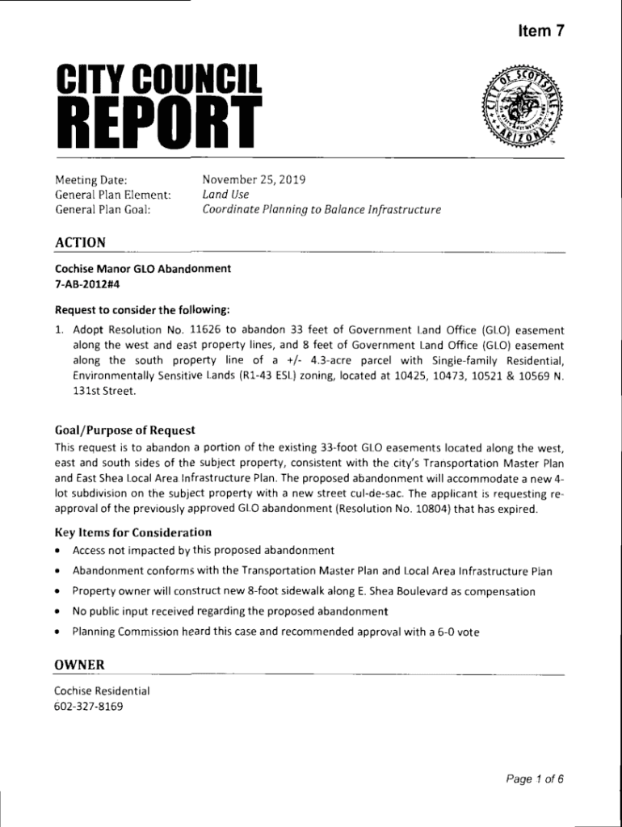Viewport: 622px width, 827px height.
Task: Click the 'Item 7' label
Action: pos(540,31)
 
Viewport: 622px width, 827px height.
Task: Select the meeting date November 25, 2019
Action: pos(254,179)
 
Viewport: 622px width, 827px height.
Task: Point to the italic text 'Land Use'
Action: pos(225,195)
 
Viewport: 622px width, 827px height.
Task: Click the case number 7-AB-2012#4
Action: pos(87,283)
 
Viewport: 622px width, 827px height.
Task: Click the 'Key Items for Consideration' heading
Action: pos(132,532)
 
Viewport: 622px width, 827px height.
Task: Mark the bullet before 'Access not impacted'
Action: pos(59,551)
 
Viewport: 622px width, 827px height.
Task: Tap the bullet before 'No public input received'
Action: pos(59,611)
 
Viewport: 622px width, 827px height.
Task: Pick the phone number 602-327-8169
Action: pos(89,707)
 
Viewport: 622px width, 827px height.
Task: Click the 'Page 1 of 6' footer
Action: pos(534,779)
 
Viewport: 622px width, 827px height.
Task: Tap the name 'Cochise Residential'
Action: pos(102,691)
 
